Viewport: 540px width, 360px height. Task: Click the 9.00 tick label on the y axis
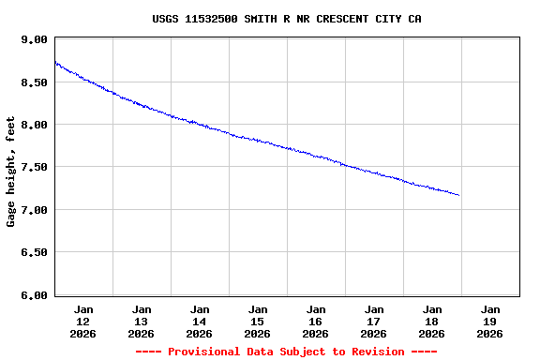pos(34,39)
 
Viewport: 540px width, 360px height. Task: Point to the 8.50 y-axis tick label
pos(34,82)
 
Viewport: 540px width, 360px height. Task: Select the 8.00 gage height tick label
pos(34,125)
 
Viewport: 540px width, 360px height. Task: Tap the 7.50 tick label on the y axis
pos(34,167)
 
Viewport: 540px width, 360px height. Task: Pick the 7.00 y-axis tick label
pos(34,210)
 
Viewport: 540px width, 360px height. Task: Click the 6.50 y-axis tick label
pos(34,252)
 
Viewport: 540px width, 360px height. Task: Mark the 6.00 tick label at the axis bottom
pos(34,294)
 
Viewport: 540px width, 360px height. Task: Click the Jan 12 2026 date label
pos(83,321)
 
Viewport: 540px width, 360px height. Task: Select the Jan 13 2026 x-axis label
pos(142,321)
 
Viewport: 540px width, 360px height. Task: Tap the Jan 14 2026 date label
pos(200,321)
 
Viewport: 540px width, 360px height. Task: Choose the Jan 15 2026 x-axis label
pos(258,321)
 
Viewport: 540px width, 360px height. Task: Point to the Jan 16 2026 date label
pos(316,321)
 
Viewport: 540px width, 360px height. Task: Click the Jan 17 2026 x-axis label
pos(374,321)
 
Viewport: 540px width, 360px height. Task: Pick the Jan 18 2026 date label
pos(432,321)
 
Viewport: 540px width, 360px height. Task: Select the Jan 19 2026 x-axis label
pos(490,321)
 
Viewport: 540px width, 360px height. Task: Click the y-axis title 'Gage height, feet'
pos(11,172)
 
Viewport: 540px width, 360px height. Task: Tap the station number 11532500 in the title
pos(217,19)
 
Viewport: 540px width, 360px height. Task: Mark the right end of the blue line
pos(458,195)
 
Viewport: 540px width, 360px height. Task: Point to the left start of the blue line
pos(55,62)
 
